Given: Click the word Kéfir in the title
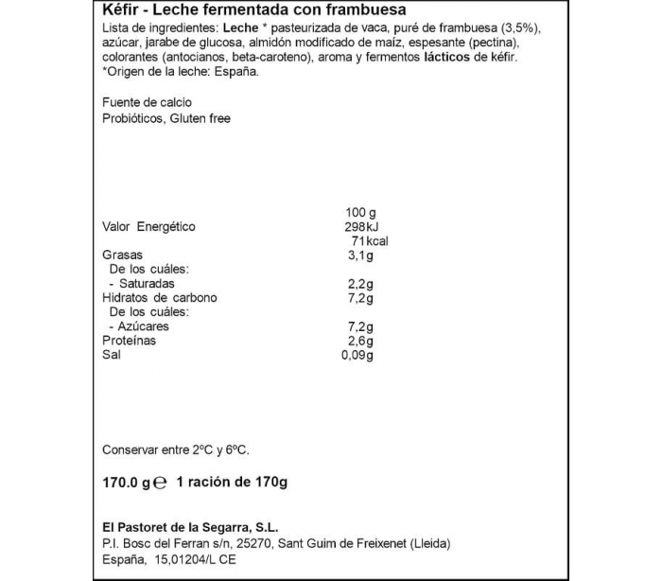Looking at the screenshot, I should click(x=117, y=9).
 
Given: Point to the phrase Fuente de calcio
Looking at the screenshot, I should click(x=147, y=102).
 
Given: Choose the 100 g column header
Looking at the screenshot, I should click(x=361, y=211).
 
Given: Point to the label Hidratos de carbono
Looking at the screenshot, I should click(x=159, y=298).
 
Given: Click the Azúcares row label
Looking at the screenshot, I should click(x=143, y=326).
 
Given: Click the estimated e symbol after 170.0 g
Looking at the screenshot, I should click(x=161, y=483).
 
